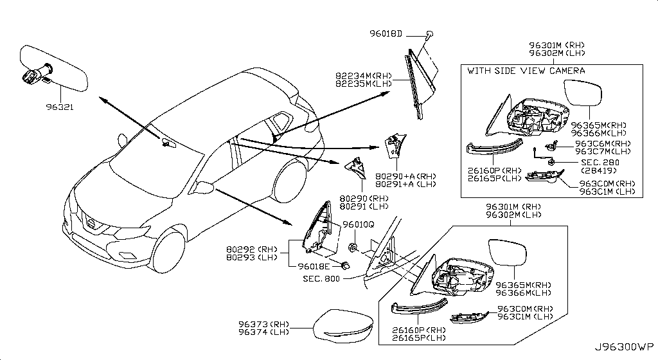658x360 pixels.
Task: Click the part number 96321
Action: [59, 108]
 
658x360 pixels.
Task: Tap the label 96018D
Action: [403, 33]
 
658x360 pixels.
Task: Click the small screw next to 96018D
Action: [430, 33]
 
